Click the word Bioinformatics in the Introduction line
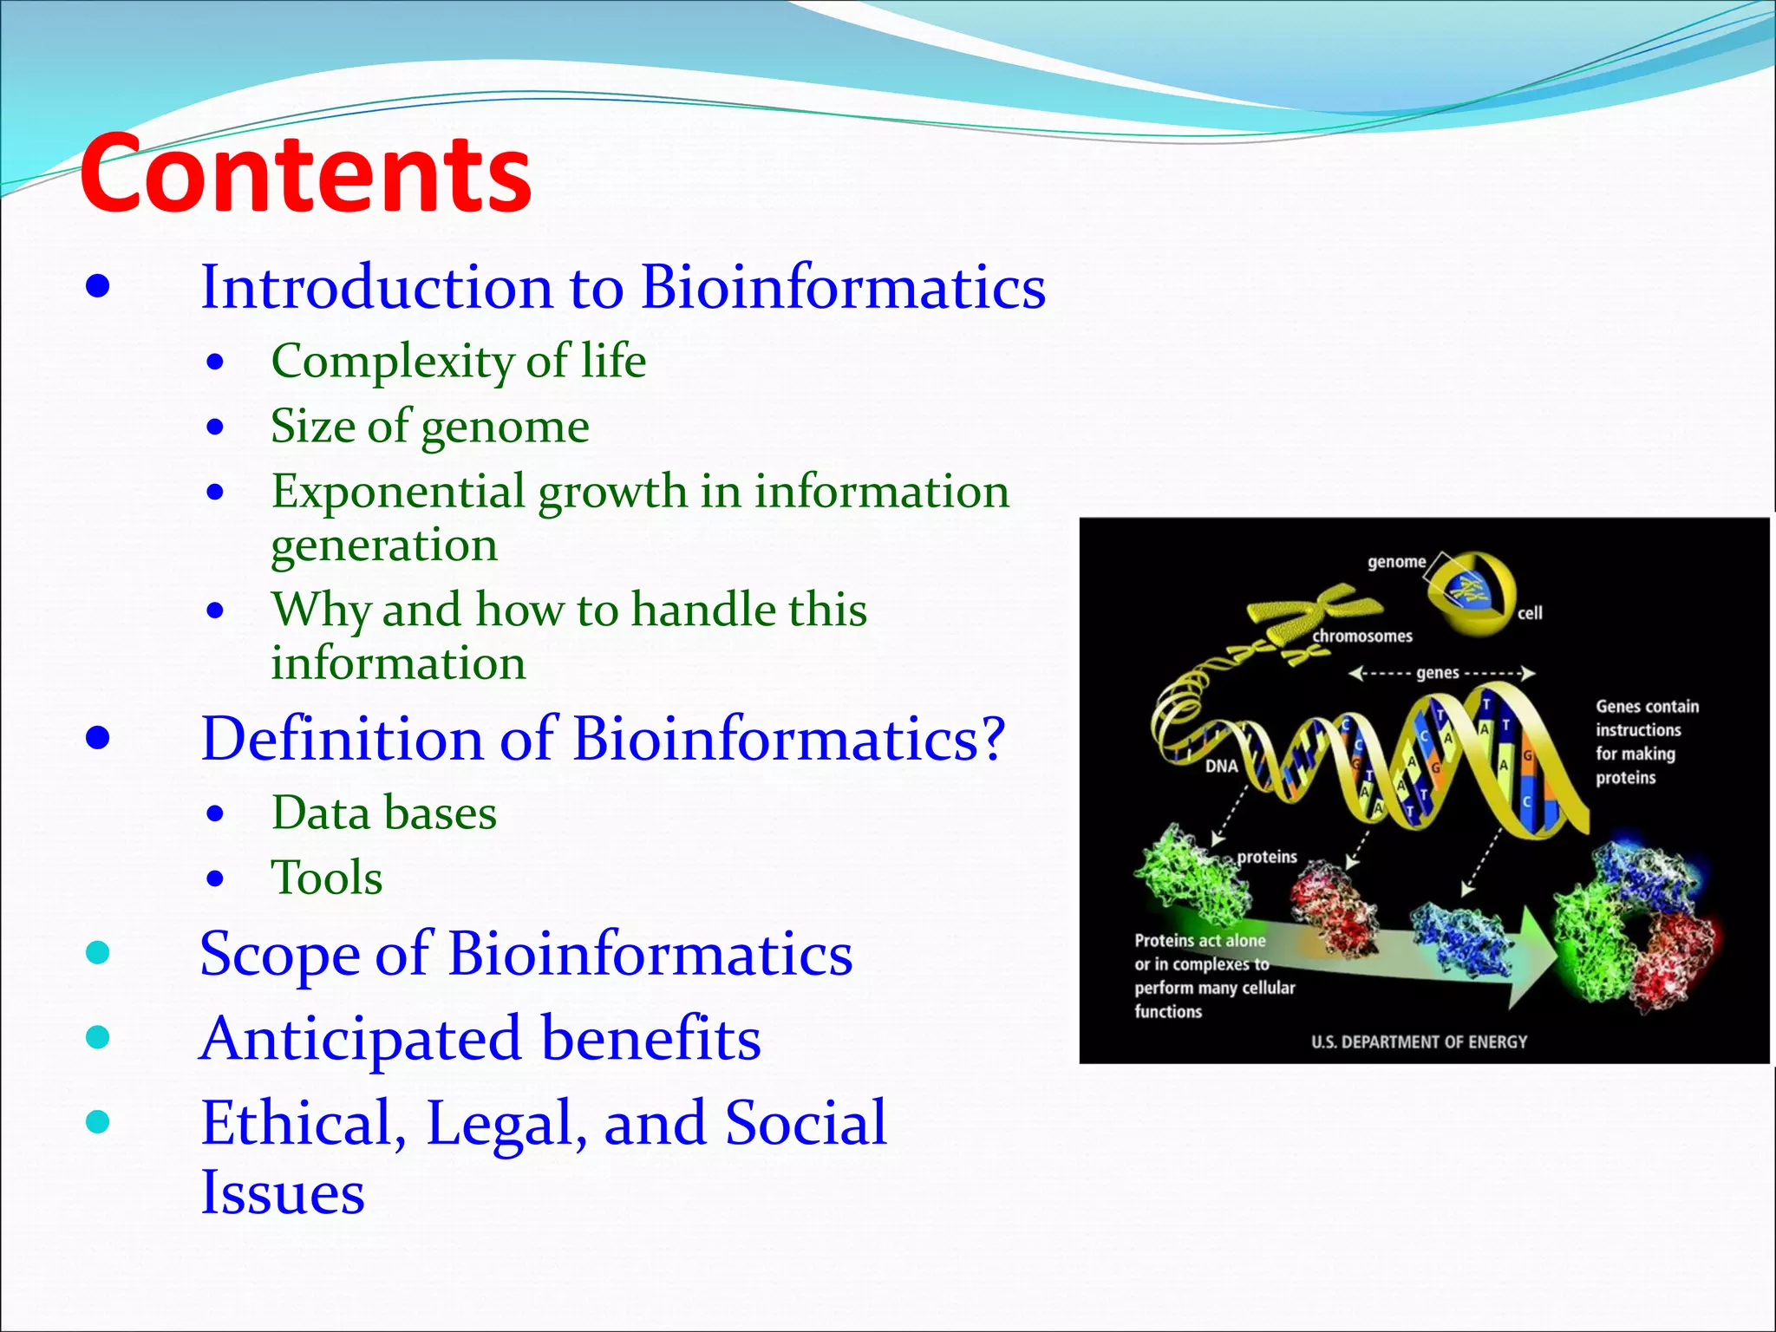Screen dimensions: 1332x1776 pyautogui.click(x=843, y=287)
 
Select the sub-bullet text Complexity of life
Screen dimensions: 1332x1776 pyautogui.click(x=458, y=361)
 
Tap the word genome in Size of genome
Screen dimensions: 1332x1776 pyautogui.click(x=505, y=427)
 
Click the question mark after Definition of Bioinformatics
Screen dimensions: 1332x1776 pyautogui.click(x=991, y=739)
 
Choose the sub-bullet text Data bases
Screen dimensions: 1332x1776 pyautogui.click(x=383, y=813)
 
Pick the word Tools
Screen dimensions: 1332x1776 pyautogui.click(x=326, y=877)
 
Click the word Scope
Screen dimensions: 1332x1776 pyautogui.click(x=279, y=954)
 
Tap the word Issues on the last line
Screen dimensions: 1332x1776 pyautogui.click(x=282, y=1192)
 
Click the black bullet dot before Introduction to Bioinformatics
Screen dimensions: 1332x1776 pyautogui.click(x=98, y=287)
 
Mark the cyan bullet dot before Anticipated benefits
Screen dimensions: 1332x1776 pyautogui.click(x=98, y=1037)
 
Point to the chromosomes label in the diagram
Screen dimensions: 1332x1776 pyautogui.click(x=1361, y=637)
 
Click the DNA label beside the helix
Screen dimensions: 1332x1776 pyautogui.click(x=1221, y=767)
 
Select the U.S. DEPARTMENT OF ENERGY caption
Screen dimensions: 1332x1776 pyautogui.click(x=1419, y=1041)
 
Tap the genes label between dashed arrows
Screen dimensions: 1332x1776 pyautogui.click(x=1437, y=673)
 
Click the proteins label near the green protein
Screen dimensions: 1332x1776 pyautogui.click(x=1266, y=857)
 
